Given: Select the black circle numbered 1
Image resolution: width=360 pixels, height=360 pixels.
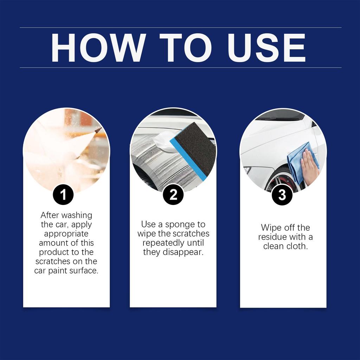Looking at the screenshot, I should (x=63, y=195).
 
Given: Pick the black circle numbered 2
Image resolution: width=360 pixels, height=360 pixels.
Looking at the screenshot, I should (x=173, y=195).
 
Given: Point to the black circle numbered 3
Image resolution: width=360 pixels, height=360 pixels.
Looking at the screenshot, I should (x=282, y=195).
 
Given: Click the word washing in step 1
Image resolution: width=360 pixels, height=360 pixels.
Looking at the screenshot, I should (x=76, y=215).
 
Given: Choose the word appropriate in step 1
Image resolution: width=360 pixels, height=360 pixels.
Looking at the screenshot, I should (x=66, y=234).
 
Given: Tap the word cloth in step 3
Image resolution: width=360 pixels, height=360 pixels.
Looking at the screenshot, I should (x=296, y=246).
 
